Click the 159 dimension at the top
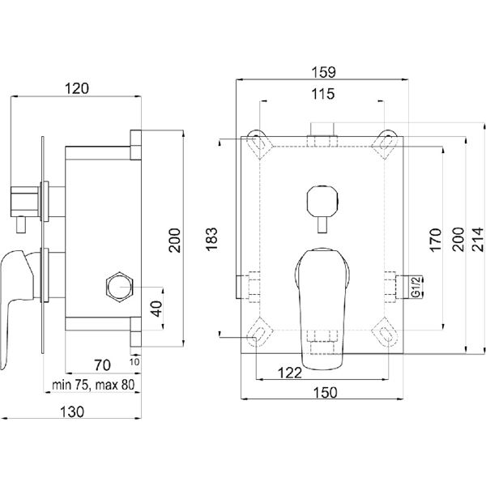pos(323,72)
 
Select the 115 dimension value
pos(323,94)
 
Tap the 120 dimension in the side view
pos(77,88)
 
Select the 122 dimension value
pos(289,373)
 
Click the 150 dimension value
pos(325,392)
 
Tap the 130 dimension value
pos(72,412)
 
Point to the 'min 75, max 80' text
pos(93,385)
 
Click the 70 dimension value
pos(102,365)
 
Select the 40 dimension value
pos(156,309)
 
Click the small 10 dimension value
pos(134,362)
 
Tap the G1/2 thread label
pos(416,287)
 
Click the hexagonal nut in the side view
pos(120,287)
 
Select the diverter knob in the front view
pos(322,208)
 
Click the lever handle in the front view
pos(322,309)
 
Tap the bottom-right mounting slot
pos(386,333)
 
